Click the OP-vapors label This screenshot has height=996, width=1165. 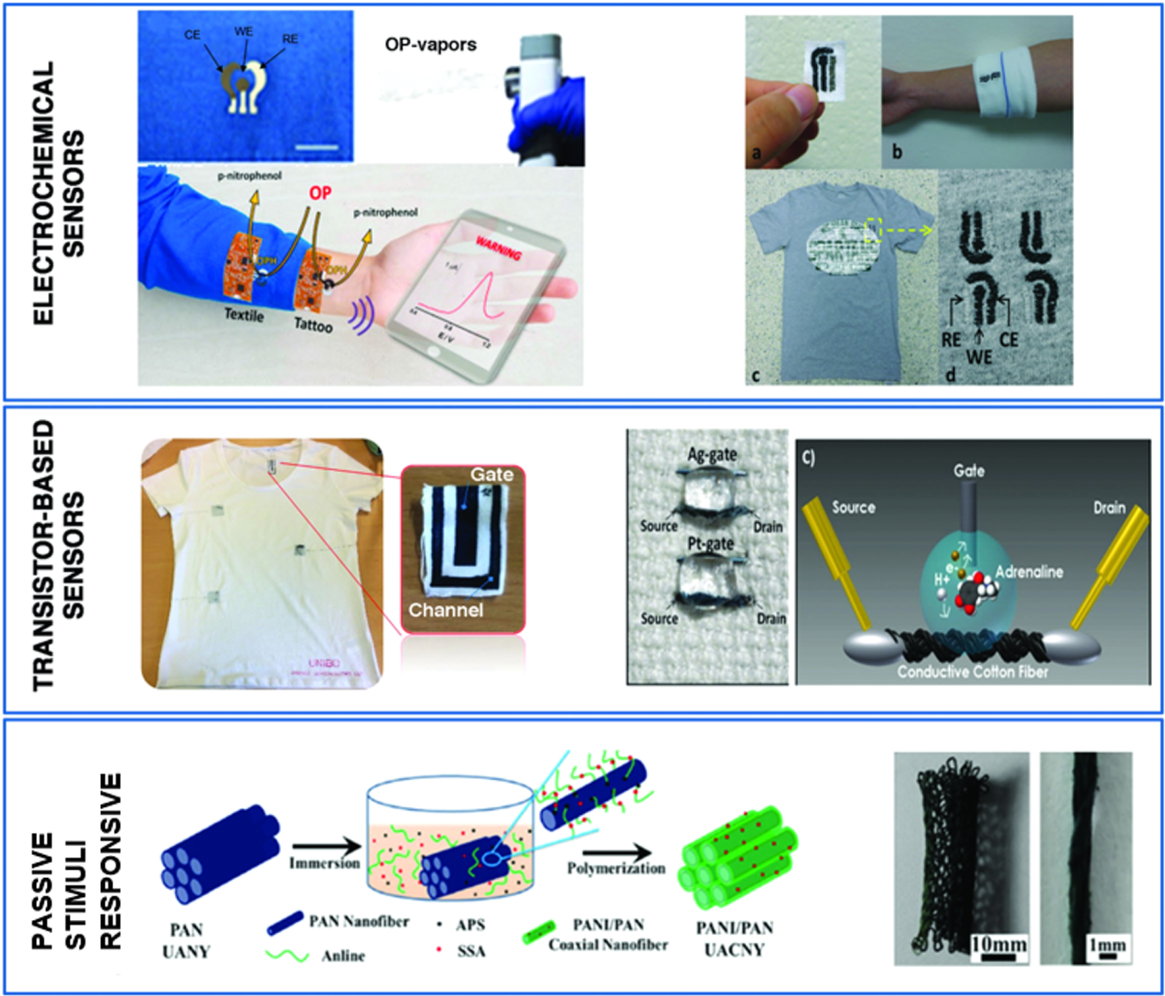430,44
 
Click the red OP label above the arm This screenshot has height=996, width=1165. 320,193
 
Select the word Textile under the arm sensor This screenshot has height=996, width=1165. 244,315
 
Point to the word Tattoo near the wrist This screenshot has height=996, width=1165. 313,325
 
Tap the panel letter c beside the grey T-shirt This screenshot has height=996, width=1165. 756,375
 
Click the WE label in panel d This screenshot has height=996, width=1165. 979,357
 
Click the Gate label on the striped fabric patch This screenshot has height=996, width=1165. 492,474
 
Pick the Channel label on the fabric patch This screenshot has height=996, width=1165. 446,610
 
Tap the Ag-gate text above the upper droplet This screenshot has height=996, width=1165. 712,454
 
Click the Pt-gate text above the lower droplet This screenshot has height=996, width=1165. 711,545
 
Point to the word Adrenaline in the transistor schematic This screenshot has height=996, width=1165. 1029,572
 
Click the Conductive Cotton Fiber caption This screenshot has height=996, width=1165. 972,671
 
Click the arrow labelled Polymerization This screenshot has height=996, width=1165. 616,853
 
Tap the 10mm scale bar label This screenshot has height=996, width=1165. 998,944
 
